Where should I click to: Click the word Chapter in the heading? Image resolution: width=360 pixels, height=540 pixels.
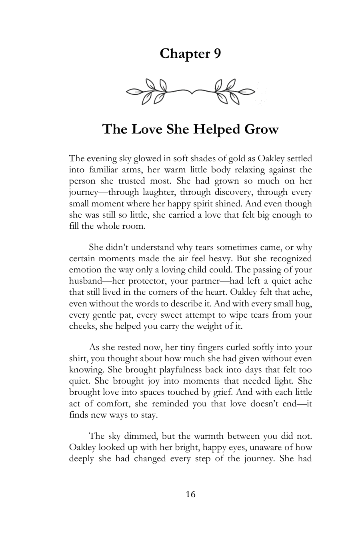tap(182, 54)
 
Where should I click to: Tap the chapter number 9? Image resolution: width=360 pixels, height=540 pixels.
tap(217, 54)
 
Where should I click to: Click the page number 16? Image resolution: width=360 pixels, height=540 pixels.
tap(191, 494)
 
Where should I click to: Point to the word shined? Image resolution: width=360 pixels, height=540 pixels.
tap(225, 204)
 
